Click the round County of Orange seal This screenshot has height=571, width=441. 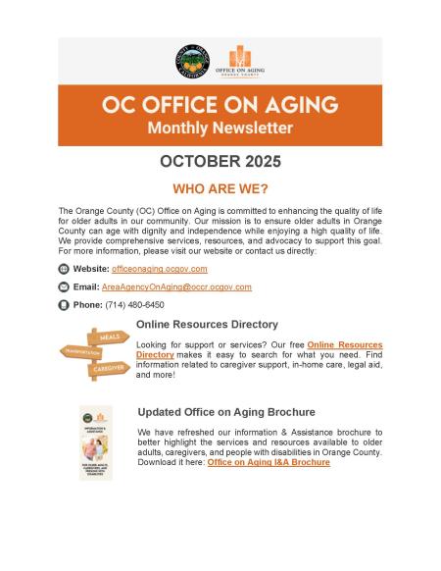tap(192, 61)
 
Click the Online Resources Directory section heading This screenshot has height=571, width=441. tap(207, 324)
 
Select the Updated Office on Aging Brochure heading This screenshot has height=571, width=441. tap(226, 412)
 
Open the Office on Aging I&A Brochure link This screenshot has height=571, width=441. tap(269, 462)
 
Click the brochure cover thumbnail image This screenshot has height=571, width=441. tap(96, 442)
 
